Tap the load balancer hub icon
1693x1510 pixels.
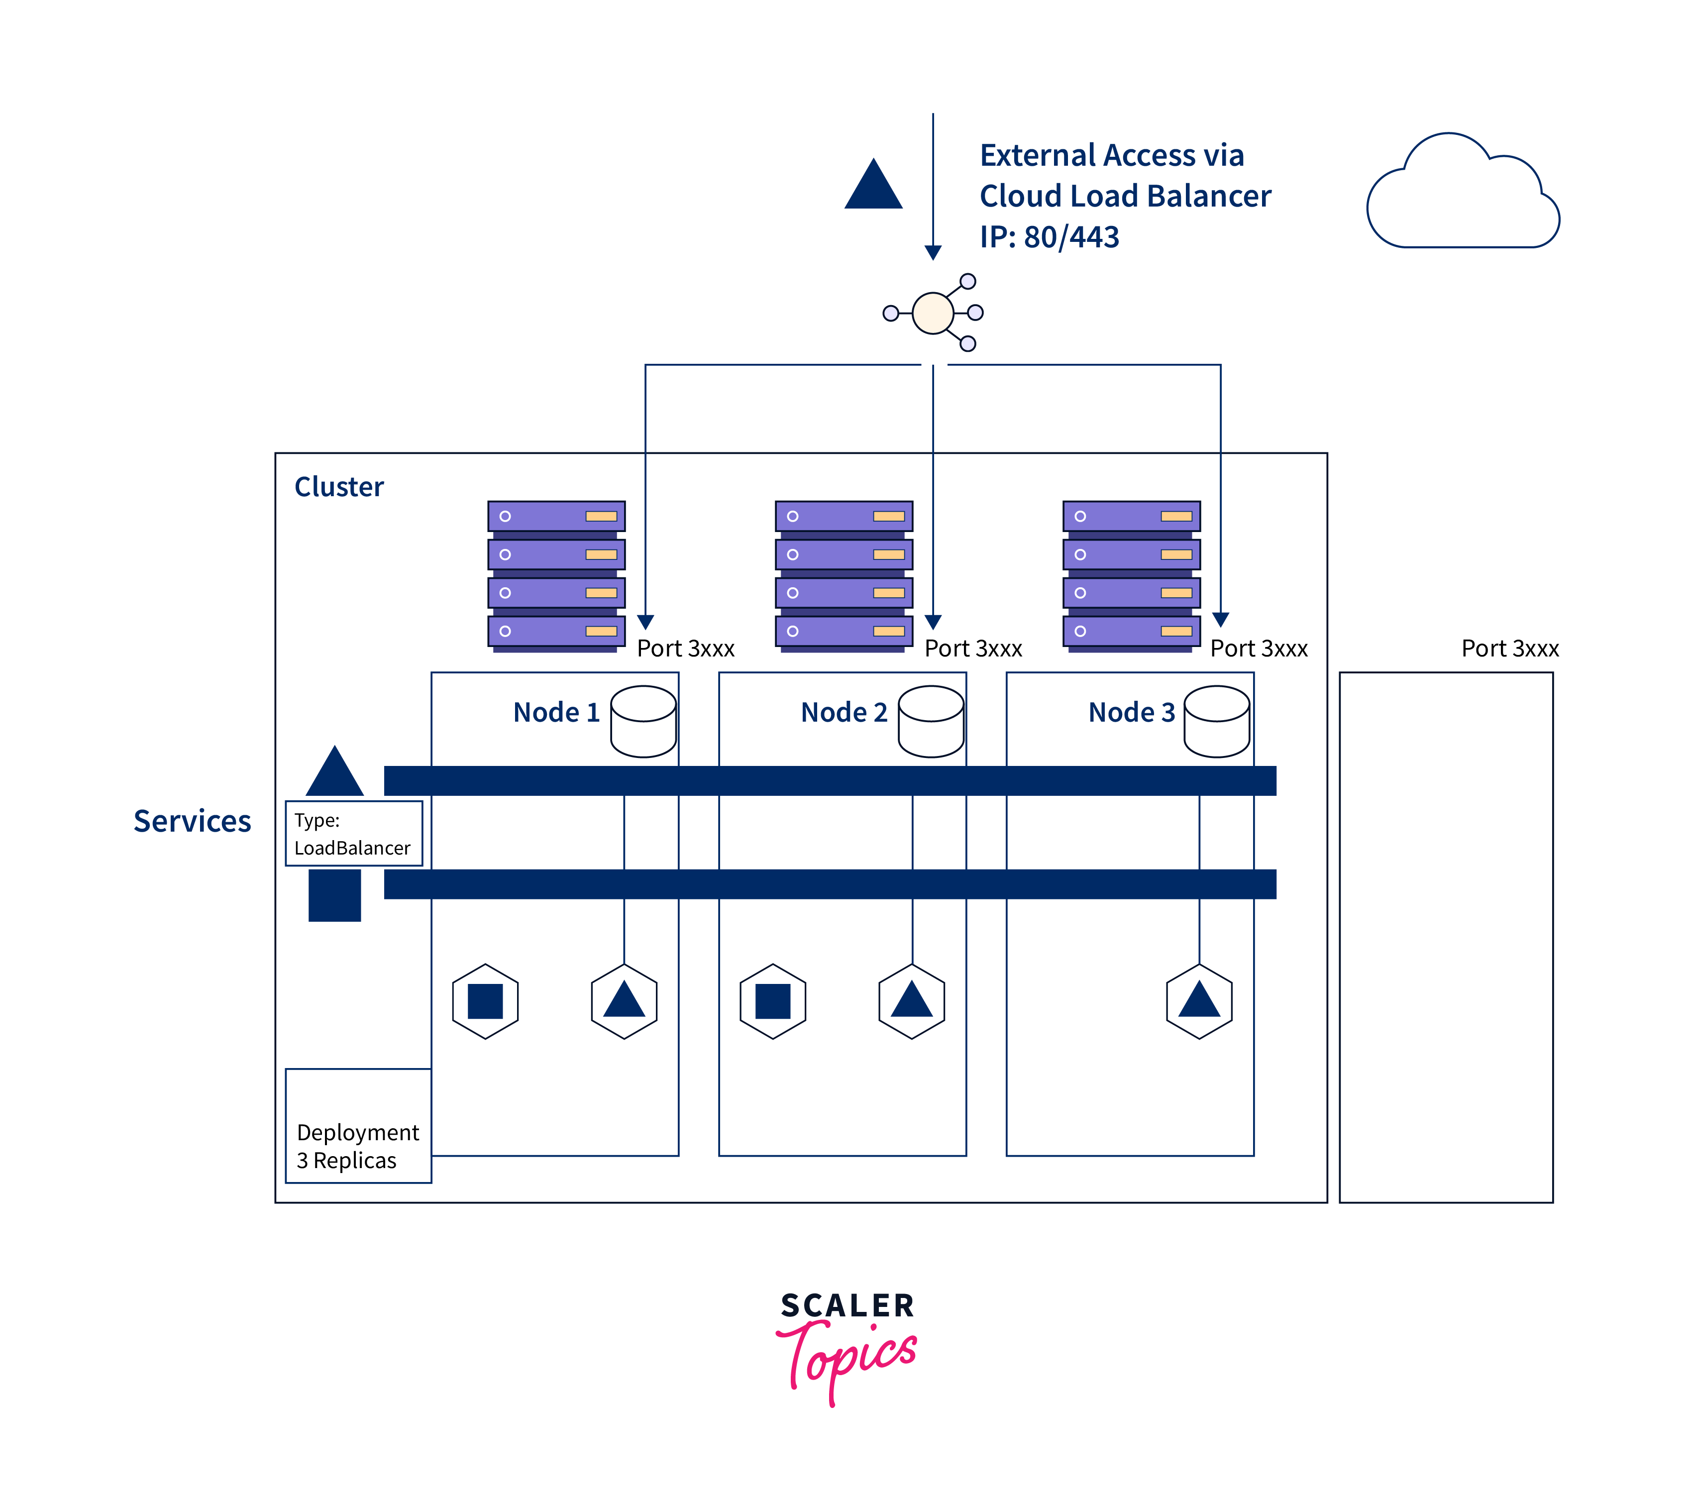click(933, 313)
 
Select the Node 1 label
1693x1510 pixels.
click(556, 712)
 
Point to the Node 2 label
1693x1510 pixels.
click(844, 712)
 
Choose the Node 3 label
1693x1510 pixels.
click(1132, 712)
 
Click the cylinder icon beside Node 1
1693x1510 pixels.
click(643, 721)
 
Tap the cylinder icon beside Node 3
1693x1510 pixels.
click(1217, 721)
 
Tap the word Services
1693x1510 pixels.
click(193, 821)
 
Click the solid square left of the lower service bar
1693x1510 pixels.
click(335, 895)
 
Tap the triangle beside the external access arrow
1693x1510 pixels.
click(873, 186)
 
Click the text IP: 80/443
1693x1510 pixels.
click(1050, 237)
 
